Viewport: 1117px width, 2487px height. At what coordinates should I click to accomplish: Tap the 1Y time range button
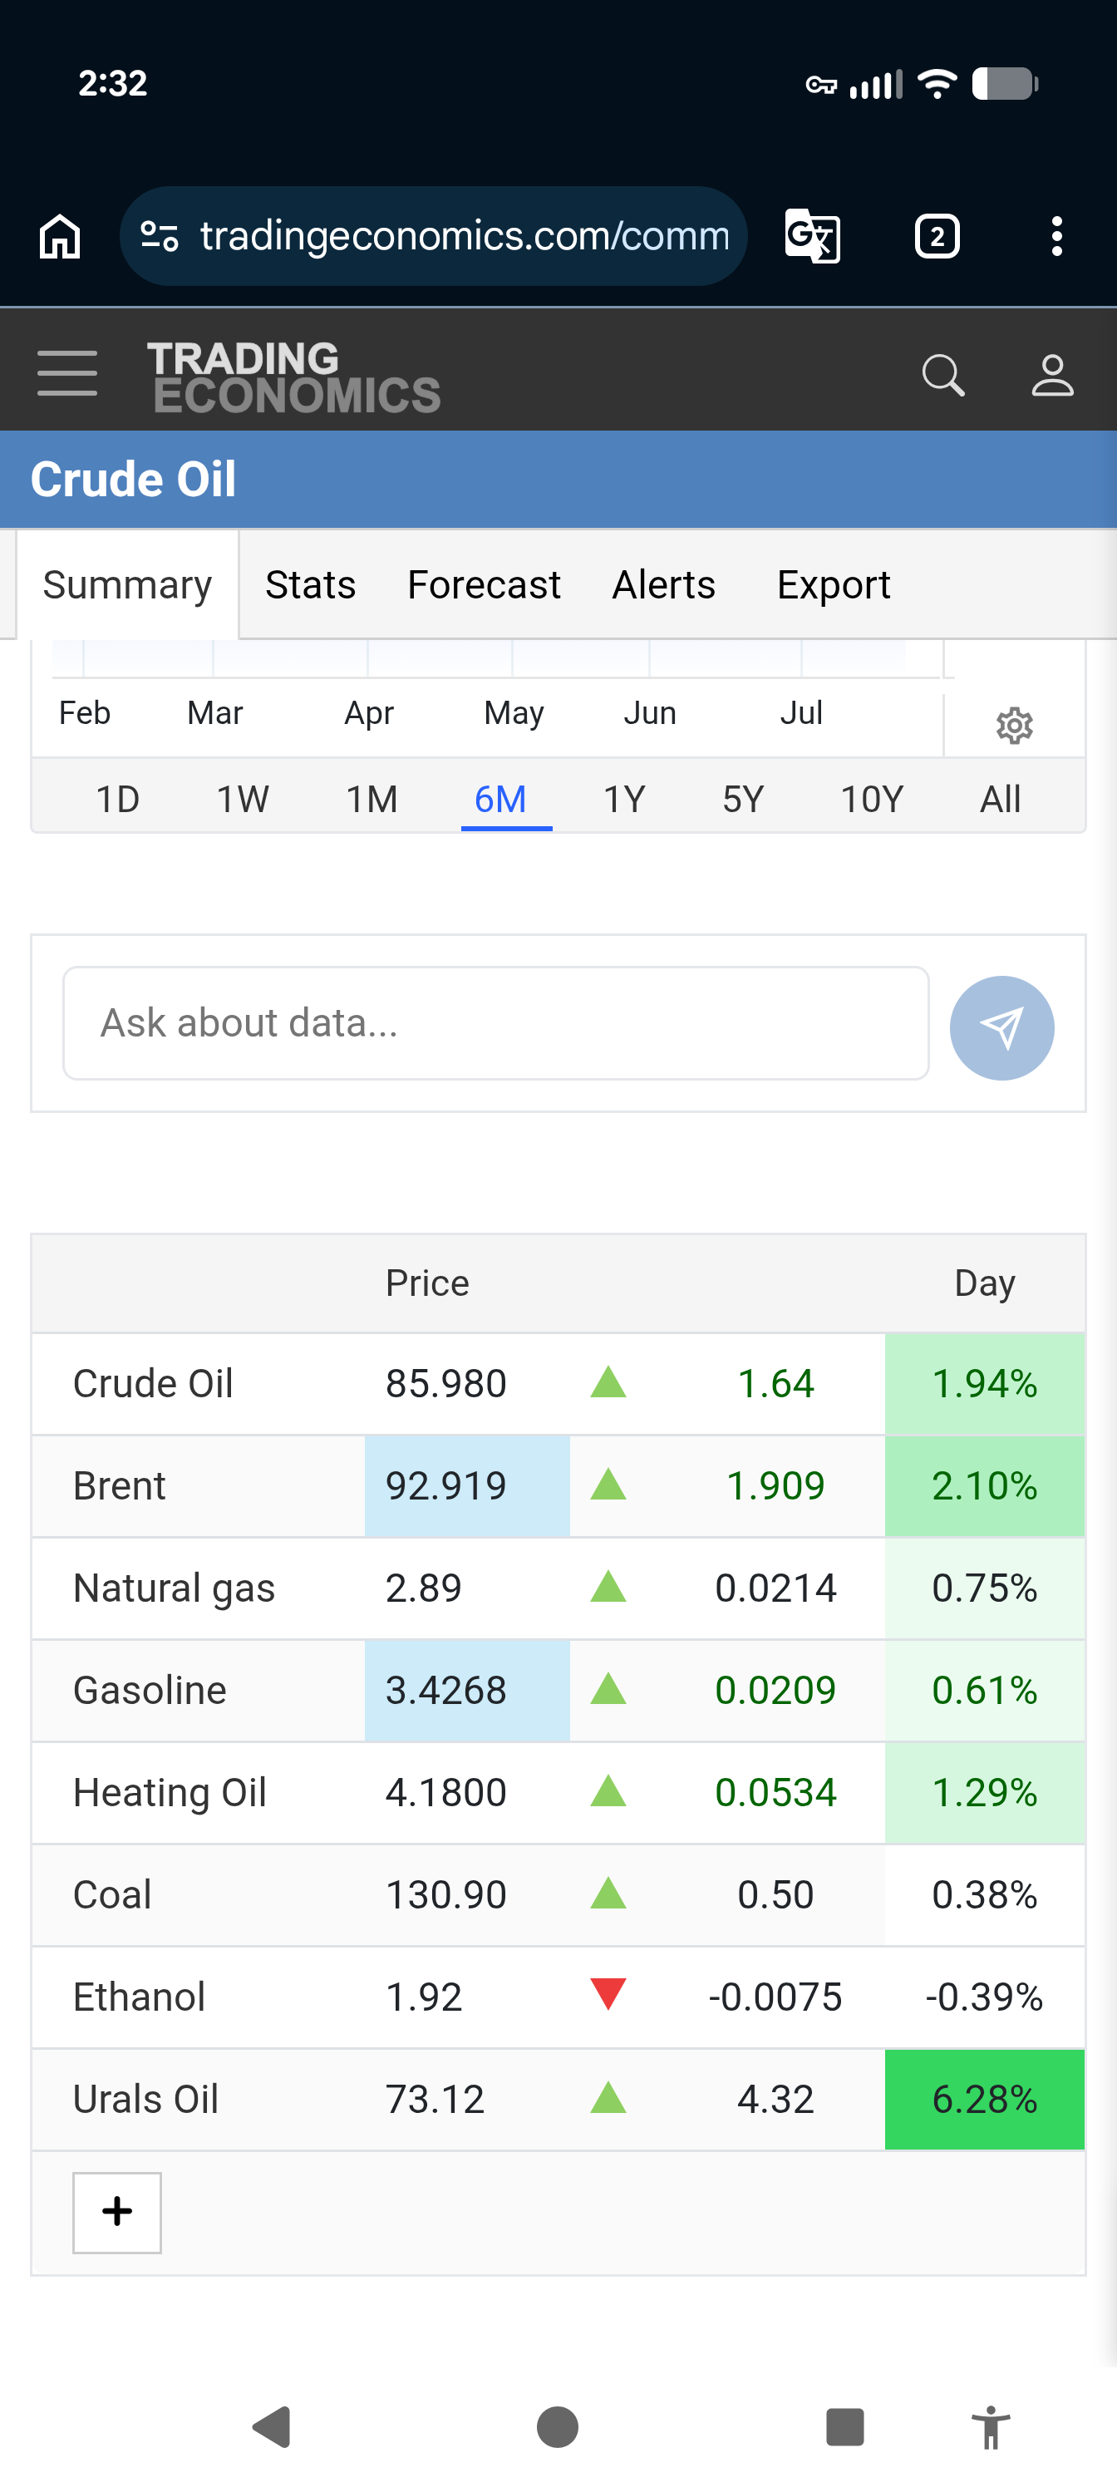(x=623, y=800)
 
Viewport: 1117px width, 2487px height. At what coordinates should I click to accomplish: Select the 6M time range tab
(x=500, y=800)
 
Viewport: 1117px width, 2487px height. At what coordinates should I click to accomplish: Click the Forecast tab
(x=484, y=585)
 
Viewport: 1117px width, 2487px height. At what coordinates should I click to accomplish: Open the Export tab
(x=833, y=585)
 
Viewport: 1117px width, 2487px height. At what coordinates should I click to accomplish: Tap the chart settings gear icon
(x=1014, y=724)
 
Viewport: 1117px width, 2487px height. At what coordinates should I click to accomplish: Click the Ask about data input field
(x=496, y=1023)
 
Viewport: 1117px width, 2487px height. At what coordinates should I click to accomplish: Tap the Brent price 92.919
(x=446, y=1486)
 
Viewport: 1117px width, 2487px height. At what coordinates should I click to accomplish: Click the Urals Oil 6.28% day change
(x=985, y=2100)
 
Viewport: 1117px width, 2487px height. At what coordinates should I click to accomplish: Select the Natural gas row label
(x=174, y=1589)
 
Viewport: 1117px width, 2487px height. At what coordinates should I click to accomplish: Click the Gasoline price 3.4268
(x=446, y=1691)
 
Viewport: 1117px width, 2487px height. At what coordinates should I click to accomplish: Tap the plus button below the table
(x=117, y=2212)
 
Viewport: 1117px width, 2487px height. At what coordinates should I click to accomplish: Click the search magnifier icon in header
(x=943, y=375)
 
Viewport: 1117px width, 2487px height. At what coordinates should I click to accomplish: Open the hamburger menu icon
(x=67, y=373)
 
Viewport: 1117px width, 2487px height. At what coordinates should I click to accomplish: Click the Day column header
(x=985, y=1284)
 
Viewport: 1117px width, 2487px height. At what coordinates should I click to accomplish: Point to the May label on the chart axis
(x=514, y=713)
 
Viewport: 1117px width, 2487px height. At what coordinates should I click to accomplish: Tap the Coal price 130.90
(x=446, y=1895)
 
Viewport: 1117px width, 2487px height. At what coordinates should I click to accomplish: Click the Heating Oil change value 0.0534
(x=775, y=1793)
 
